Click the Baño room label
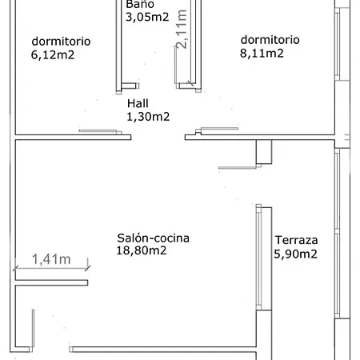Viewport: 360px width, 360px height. (140, 4)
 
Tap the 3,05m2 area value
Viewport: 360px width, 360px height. (147, 17)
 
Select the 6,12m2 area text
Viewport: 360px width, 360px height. (53, 55)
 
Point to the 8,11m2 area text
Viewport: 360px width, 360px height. (262, 54)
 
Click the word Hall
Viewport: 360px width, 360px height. (138, 103)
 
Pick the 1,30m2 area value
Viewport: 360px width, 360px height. (148, 117)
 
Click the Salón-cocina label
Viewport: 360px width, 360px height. (153, 238)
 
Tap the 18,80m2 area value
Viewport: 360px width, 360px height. (142, 250)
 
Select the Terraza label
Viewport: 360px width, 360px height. (296, 240)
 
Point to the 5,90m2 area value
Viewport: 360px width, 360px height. (295, 254)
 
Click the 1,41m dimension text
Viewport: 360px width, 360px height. (51, 259)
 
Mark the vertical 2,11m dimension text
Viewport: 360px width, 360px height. (182, 29)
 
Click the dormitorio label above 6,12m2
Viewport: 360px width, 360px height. (61, 42)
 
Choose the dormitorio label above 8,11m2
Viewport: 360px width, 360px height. (270, 40)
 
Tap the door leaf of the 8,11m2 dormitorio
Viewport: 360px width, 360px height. (219, 129)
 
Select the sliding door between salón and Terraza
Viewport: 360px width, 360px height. (258, 257)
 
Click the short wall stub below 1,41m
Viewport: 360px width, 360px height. (51, 282)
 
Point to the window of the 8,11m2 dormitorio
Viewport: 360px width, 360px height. (338, 44)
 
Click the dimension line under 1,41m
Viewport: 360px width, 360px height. (51, 268)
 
